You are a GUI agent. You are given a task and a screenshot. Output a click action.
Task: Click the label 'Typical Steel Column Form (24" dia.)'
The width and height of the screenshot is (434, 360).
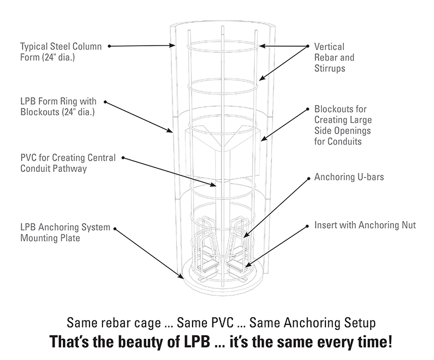coord(61,52)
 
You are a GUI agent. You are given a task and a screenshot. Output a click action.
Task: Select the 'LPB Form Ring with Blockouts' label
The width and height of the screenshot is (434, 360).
coord(58,107)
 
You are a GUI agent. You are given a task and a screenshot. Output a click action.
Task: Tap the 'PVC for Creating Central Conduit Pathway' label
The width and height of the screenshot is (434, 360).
coord(67,163)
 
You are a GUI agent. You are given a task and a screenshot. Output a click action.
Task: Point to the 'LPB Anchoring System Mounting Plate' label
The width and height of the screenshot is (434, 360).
coord(65,233)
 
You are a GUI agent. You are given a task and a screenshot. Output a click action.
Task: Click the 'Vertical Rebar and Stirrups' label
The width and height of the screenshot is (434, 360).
coord(334,58)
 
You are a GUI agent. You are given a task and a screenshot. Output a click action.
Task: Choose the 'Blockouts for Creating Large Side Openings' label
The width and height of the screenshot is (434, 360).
coord(343,125)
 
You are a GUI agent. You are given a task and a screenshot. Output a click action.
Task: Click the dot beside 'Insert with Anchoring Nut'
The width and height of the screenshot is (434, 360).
coord(308,226)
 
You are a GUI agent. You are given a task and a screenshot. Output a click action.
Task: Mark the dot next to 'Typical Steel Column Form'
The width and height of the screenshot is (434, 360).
coord(110,46)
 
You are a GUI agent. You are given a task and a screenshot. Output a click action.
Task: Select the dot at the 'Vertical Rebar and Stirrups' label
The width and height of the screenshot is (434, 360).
coord(308,46)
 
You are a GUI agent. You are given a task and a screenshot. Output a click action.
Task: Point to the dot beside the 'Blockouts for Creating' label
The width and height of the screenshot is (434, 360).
coord(308,109)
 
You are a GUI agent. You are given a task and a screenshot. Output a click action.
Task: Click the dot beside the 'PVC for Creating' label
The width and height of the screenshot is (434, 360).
coord(123,158)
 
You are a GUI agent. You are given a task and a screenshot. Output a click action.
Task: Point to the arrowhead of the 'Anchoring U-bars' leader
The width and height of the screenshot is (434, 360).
coord(245,238)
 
